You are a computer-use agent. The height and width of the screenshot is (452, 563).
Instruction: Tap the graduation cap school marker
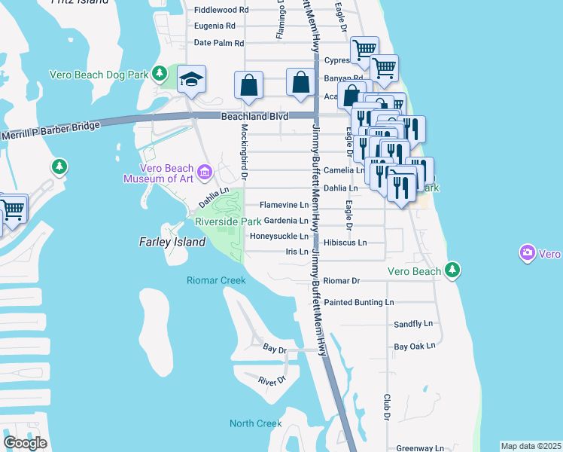pos(192,79)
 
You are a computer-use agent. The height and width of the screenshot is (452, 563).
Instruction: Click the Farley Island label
pos(172,243)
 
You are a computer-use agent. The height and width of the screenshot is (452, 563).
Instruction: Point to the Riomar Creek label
pos(216,280)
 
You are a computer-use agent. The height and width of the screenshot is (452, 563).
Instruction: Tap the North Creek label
pos(256,423)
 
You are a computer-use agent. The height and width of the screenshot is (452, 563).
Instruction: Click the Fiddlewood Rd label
pos(221,10)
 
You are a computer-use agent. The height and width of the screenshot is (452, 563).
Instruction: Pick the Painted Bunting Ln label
pos(358,302)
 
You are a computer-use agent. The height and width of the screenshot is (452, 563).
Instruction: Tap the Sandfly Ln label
pos(414,324)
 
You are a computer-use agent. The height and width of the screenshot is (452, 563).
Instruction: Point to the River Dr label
pos(272,381)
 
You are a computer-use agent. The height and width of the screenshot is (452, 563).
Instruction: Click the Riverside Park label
pos(228,221)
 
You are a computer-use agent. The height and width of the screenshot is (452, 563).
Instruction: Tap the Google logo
pos(26,443)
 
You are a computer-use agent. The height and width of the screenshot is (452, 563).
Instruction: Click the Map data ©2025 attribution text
pos(531,446)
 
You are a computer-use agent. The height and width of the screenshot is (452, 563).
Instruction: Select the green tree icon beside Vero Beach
pos(452,270)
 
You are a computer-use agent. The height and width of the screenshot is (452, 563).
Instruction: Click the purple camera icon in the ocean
pos(528,253)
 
